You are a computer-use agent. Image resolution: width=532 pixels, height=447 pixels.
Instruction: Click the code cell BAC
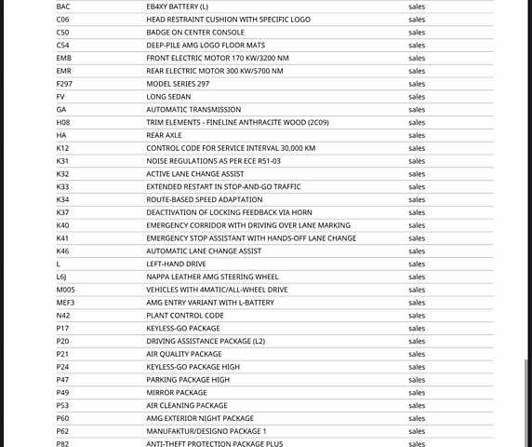63,7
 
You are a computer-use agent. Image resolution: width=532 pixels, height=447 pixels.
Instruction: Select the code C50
62,32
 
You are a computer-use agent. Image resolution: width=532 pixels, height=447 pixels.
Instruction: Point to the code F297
64,84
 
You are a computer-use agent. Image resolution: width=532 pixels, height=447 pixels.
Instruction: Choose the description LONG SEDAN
169,97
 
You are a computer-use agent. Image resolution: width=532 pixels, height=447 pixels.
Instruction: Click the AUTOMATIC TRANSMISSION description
193,110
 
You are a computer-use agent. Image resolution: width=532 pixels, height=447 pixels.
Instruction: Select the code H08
63,122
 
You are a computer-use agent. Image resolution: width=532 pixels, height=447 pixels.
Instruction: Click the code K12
62,148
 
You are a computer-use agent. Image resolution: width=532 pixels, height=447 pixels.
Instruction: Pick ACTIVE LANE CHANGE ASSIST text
195,174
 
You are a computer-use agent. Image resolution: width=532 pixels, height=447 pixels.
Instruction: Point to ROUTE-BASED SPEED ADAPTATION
205,199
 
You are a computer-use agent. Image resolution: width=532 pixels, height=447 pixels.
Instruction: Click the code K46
62,251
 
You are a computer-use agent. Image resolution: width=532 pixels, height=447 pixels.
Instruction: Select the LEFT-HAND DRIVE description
177,264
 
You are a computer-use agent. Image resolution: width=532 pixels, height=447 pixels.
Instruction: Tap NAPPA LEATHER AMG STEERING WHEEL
212,277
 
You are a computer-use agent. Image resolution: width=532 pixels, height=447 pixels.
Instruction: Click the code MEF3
65,303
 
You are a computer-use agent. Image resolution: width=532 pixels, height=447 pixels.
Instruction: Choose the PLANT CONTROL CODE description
185,316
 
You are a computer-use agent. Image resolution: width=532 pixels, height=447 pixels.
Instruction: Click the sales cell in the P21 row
417,354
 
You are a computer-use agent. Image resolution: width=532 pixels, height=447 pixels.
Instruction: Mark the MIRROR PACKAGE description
177,393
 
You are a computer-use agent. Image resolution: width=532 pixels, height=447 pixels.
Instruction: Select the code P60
62,418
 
